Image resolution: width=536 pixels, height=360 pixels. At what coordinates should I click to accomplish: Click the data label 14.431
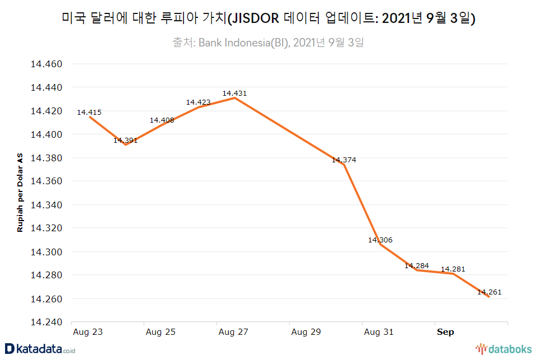click(x=234, y=93)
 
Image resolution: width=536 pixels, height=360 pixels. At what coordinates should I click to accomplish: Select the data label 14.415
click(x=90, y=113)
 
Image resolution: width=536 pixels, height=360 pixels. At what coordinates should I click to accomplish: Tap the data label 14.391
click(x=125, y=141)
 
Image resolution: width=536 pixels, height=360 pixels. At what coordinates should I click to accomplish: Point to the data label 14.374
click(x=344, y=160)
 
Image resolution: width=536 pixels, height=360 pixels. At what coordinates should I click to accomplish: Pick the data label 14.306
click(x=380, y=240)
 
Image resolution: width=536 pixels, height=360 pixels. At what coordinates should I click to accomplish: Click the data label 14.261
click(x=489, y=292)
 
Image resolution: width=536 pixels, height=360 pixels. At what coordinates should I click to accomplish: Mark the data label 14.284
click(x=416, y=265)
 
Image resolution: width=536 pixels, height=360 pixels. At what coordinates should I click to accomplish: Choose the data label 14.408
click(x=162, y=120)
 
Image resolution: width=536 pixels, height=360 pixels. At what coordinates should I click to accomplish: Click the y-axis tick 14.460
click(x=46, y=64)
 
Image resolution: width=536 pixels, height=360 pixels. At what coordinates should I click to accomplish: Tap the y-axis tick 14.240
click(x=46, y=322)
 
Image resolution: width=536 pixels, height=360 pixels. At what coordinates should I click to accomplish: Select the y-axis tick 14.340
click(x=46, y=205)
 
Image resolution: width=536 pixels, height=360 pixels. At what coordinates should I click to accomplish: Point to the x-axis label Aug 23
click(x=88, y=332)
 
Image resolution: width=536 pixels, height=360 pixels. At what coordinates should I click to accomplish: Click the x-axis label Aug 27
click(x=233, y=332)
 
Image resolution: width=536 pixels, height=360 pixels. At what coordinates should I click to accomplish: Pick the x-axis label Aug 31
click(x=379, y=332)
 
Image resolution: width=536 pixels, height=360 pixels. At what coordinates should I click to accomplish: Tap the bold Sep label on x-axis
click(x=445, y=332)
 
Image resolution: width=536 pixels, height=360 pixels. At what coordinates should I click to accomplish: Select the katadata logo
click(x=39, y=349)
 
